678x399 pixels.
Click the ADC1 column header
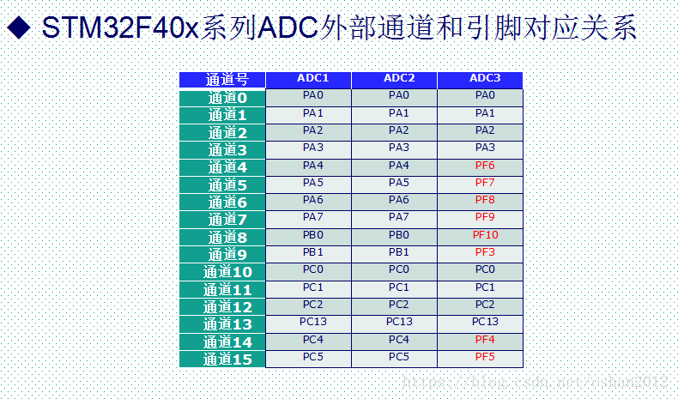313,79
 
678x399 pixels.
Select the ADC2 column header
399,79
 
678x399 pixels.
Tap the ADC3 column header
485,79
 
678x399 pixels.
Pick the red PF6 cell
485,166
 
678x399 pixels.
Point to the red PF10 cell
485,235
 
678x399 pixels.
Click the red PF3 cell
485,252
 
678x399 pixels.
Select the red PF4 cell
485,340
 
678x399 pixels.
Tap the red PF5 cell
485,357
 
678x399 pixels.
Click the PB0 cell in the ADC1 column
313,235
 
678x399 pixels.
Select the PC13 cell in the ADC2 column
399,322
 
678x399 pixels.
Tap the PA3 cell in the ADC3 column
485,148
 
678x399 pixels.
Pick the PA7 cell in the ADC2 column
399,217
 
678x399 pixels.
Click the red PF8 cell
485,200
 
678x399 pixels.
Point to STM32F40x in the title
120,30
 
